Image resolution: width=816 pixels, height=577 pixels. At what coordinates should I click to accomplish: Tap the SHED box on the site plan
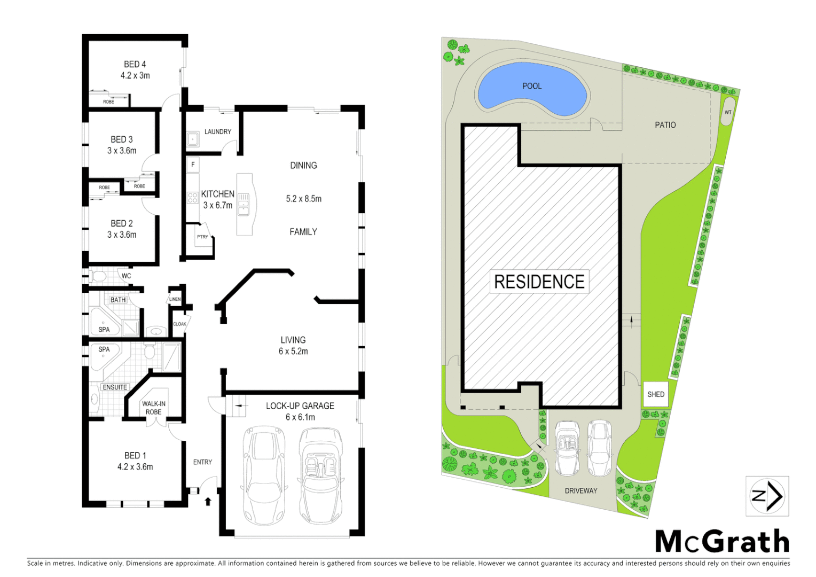click(x=656, y=394)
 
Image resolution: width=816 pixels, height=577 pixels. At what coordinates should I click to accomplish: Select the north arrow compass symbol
click(x=767, y=496)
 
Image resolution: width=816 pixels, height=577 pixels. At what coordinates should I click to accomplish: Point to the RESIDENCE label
click(x=539, y=282)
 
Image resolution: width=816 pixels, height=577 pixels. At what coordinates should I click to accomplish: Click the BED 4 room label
click(x=135, y=64)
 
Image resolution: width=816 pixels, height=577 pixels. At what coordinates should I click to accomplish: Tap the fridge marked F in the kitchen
click(x=193, y=165)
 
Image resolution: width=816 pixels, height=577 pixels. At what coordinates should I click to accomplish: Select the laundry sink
click(x=192, y=139)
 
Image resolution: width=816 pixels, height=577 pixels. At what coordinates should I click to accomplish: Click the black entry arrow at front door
click(x=208, y=501)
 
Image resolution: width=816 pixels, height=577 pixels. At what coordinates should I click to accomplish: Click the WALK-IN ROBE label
click(x=153, y=408)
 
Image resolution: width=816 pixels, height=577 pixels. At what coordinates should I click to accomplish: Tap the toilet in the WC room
click(x=98, y=276)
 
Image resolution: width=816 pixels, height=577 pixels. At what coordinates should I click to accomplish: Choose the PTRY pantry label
click(x=202, y=237)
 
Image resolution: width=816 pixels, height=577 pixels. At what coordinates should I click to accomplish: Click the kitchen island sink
click(x=244, y=204)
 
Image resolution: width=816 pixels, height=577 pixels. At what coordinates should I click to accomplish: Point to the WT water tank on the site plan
click(x=728, y=113)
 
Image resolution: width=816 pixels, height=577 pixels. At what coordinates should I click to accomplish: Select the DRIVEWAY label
click(x=581, y=490)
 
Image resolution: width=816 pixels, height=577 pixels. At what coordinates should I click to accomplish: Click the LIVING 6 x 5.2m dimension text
click(x=293, y=351)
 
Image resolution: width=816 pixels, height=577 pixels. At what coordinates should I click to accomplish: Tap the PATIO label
click(x=665, y=125)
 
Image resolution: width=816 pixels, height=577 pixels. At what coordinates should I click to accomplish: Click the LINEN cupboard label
click(x=175, y=299)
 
